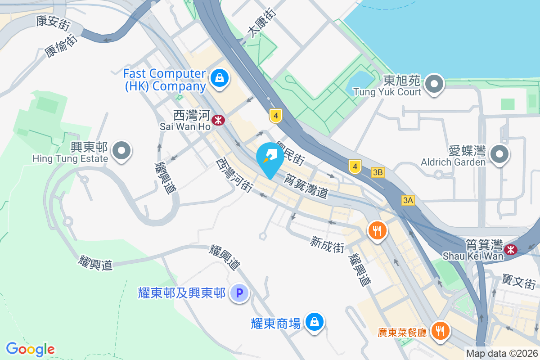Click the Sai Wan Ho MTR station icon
tap(218, 120)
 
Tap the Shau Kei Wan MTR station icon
tap(511, 249)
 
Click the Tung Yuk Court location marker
tap(434, 84)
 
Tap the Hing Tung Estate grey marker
tap(121, 151)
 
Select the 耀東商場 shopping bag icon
tap(314, 322)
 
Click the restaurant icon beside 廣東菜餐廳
tap(439, 332)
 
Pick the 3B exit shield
tap(378, 172)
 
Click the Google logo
tap(30, 349)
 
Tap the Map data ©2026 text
tap(502, 353)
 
